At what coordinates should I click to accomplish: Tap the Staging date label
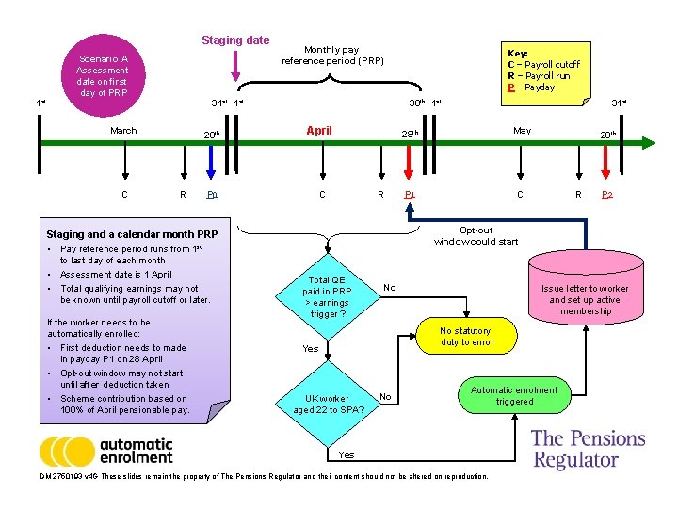(x=235, y=40)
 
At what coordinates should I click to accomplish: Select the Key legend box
(x=544, y=70)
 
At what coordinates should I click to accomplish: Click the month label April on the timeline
(x=319, y=131)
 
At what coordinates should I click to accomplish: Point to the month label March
(x=123, y=131)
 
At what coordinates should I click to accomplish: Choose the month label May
(x=522, y=131)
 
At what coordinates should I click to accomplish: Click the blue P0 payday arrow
(x=212, y=165)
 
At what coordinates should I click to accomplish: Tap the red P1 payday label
(x=409, y=195)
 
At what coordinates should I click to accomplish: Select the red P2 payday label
(x=607, y=195)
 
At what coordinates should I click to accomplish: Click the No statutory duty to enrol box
(x=465, y=337)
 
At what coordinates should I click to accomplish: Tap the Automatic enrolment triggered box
(x=514, y=395)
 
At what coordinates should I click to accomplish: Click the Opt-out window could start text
(x=476, y=236)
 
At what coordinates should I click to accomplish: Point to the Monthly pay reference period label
(x=332, y=55)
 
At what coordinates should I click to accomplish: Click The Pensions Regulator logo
(x=588, y=449)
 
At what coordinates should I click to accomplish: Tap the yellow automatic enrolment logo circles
(x=68, y=451)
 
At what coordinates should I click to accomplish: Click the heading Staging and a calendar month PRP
(x=132, y=234)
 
